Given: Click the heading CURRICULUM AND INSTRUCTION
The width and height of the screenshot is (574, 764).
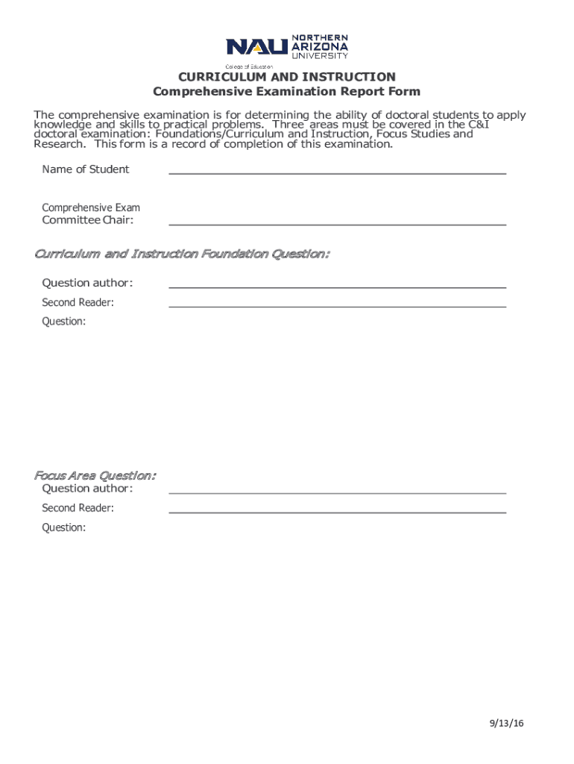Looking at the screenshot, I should tap(286, 77).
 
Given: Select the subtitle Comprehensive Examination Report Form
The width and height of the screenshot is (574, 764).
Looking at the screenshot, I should tap(286, 92).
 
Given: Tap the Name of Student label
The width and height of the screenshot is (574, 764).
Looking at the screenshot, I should tap(85, 169).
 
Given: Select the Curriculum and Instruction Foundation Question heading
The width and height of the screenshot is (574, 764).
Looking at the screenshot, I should tap(182, 254).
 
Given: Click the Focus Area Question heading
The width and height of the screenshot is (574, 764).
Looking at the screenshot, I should tap(95, 475).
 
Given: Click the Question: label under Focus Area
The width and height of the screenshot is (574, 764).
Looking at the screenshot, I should tap(63, 527).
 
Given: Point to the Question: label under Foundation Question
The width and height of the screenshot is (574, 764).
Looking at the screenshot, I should tap(63, 322).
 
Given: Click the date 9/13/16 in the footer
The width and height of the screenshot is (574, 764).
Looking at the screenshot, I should tap(507, 723).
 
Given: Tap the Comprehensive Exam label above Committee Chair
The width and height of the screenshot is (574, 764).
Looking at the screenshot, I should tap(90, 207).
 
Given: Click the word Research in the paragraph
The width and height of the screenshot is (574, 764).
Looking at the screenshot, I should tap(56, 145).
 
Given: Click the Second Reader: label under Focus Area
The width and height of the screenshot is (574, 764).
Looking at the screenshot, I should tap(78, 508).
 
